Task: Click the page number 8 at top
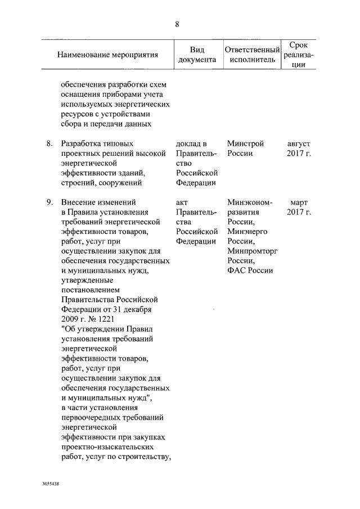tap(177, 24)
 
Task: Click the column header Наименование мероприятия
tap(107, 55)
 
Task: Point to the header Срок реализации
tap(301, 55)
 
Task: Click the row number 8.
tap(49, 144)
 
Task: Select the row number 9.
tap(49, 202)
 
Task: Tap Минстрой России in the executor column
tap(246, 148)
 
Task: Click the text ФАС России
tap(250, 270)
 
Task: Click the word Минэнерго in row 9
tap(247, 231)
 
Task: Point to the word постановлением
tap(91, 290)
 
